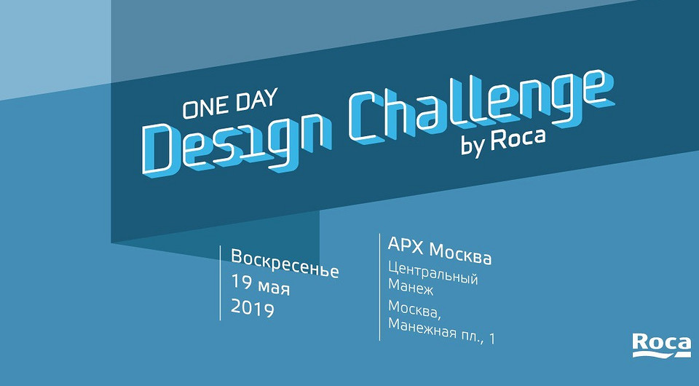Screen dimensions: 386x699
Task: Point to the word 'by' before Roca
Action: point(473,144)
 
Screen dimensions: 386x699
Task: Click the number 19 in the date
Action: point(241,285)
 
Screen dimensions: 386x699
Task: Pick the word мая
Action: point(274,287)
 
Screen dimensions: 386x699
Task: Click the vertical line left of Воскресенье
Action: point(220,283)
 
